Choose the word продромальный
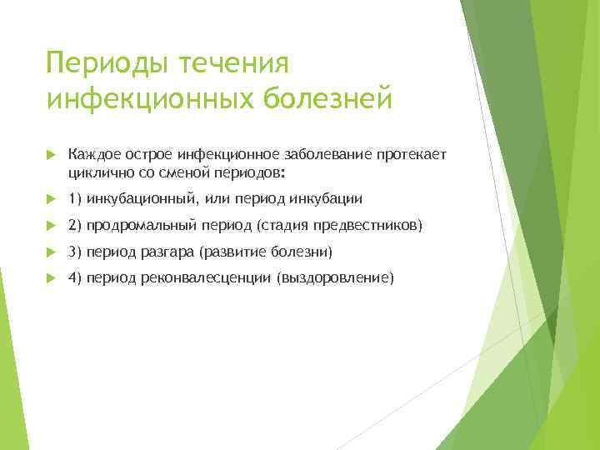tap(140, 225)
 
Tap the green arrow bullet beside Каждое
tap(51, 156)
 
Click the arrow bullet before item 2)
tap(51, 225)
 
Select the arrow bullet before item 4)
tap(51, 278)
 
